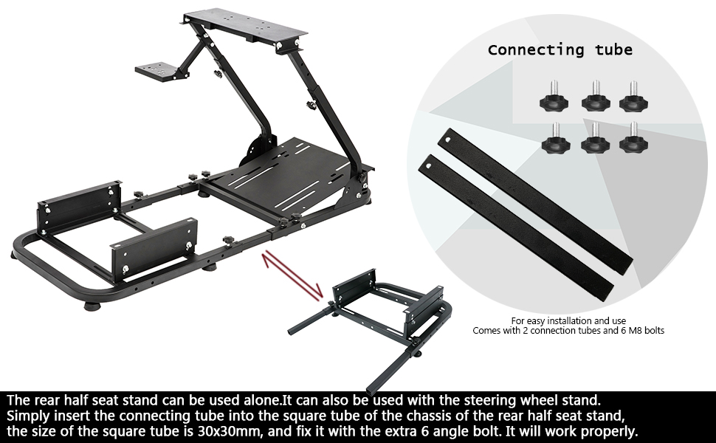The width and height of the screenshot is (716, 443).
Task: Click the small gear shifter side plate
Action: click(x=159, y=69)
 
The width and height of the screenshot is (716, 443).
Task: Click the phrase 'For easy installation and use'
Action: click(x=568, y=320)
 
